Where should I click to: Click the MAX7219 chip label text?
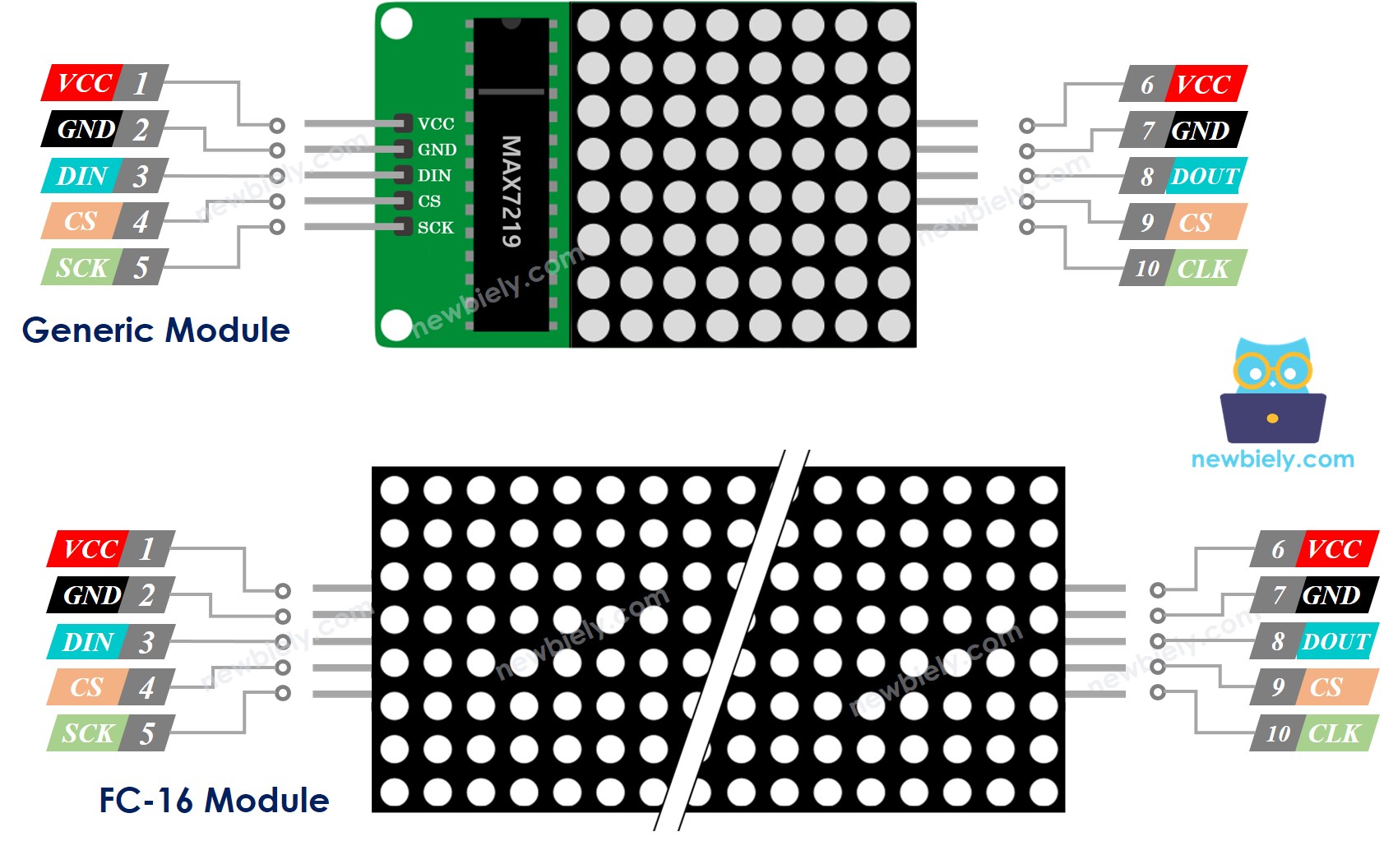(511, 191)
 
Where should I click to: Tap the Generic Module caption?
(155, 330)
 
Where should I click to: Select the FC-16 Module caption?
(214, 801)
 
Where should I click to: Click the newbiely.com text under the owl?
(1272, 460)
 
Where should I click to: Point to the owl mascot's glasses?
(1272, 372)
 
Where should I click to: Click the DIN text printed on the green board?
(434, 176)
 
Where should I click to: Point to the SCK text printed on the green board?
(435, 228)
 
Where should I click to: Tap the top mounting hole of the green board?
(396, 24)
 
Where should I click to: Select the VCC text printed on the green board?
(436, 124)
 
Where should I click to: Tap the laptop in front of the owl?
(1272, 419)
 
